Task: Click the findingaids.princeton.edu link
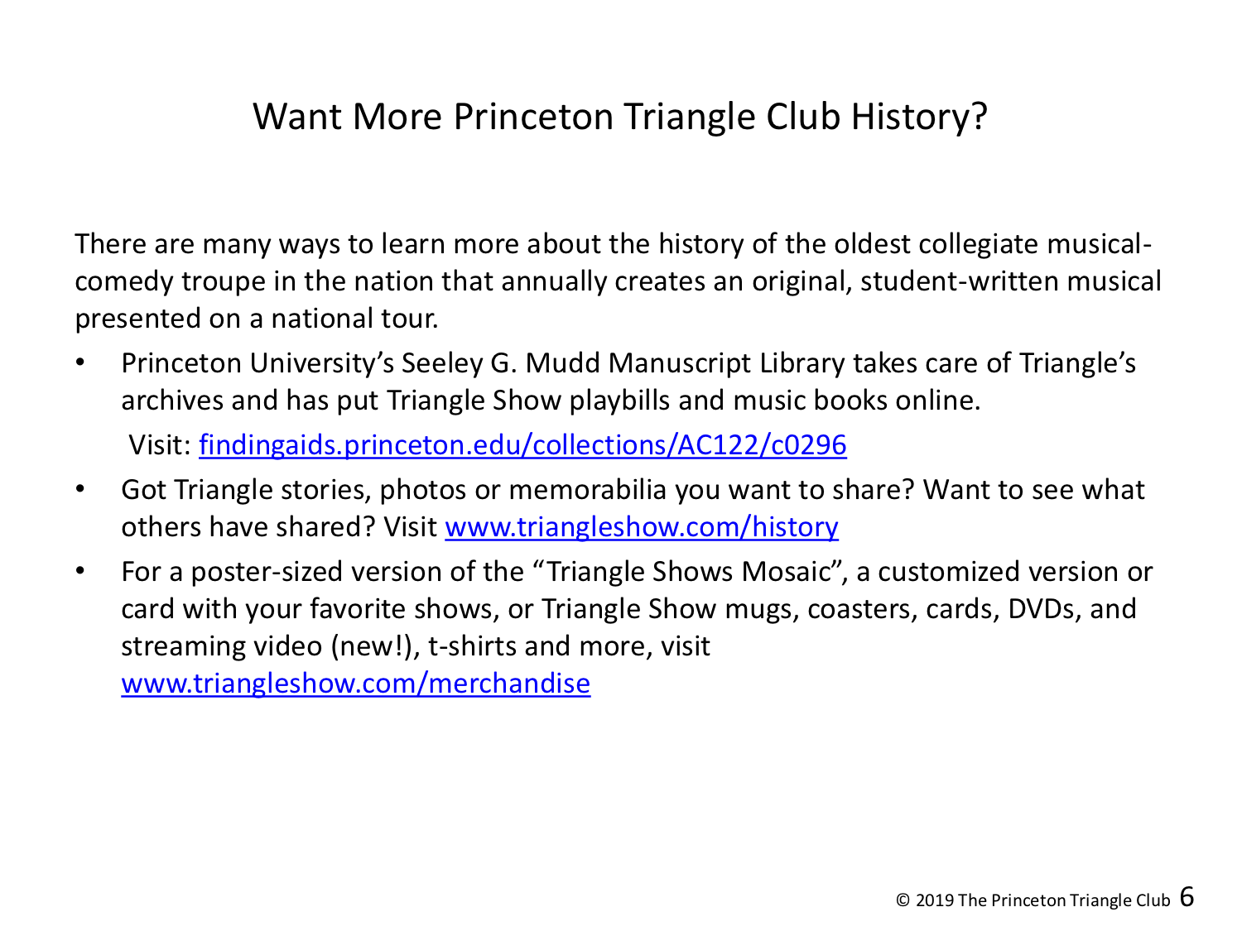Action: [522, 445]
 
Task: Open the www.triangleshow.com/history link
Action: [642, 527]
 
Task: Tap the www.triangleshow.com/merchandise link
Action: [355, 684]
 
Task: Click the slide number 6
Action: [1187, 896]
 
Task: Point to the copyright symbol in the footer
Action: [903, 900]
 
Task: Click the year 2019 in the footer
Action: [934, 900]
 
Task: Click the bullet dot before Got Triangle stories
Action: [80, 490]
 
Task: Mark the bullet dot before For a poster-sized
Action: [80, 572]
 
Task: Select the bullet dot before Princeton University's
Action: [80, 363]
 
